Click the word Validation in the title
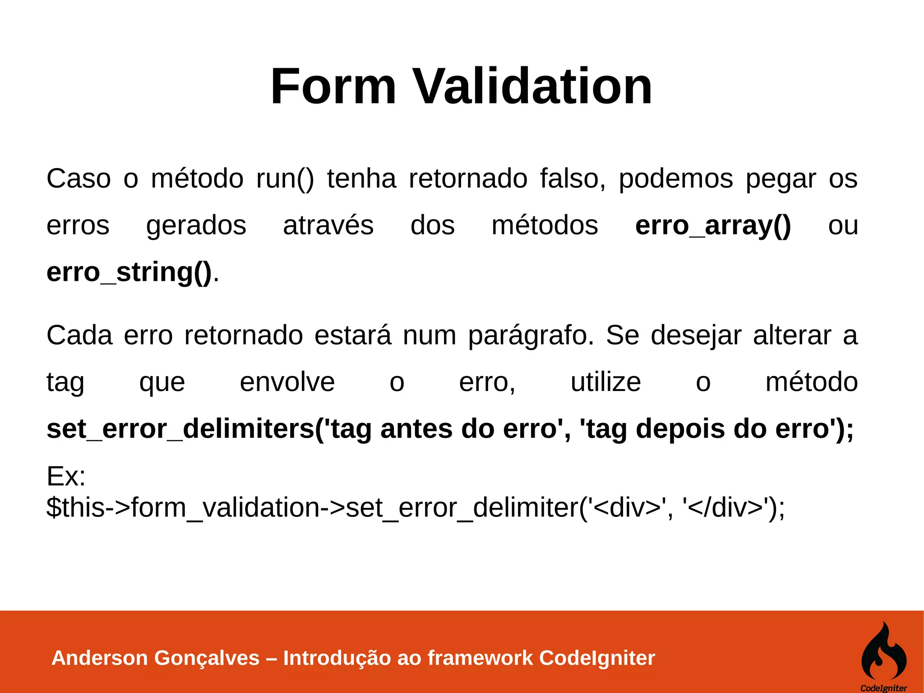click(533, 86)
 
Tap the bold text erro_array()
click(713, 225)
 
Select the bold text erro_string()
click(129, 272)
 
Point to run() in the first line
click(285, 179)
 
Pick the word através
click(328, 225)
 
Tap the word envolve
click(287, 382)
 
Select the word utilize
click(605, 382)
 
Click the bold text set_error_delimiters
click(180, 429)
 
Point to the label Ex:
click(66, 476)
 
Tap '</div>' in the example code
click(726, 507)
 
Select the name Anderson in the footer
click(100, 658)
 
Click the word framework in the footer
click(480, 658)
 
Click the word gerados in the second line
click(196, 225)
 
